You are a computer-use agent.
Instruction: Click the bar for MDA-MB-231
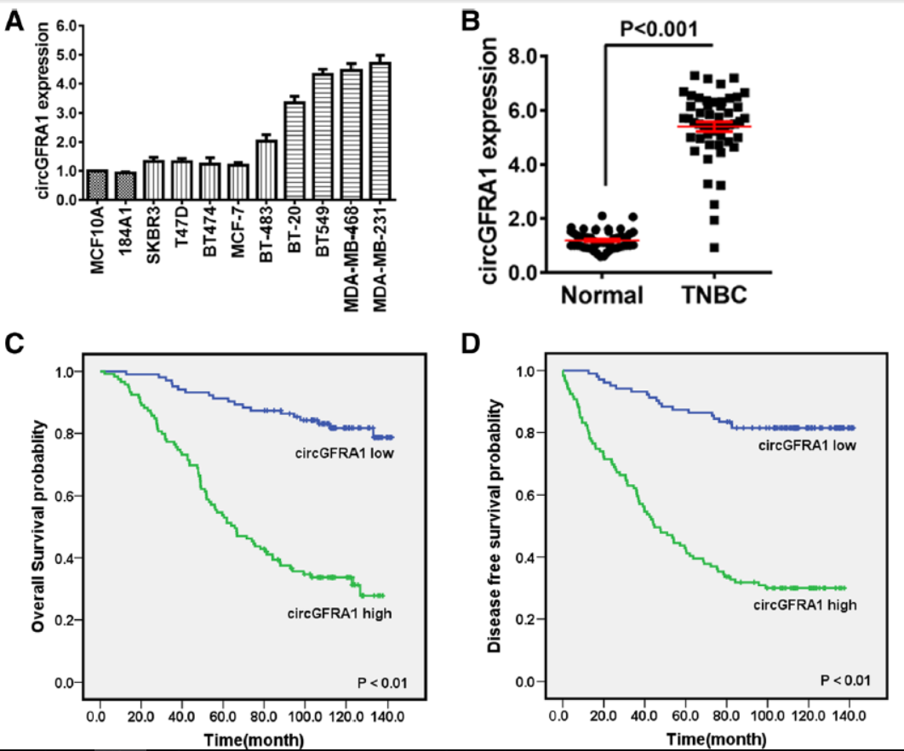point(380,130)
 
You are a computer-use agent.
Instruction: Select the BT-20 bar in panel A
point(293,151)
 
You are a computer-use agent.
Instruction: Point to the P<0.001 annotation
point(658,29)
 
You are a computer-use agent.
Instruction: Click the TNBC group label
point(714,297)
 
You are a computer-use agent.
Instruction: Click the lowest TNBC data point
point(714,247)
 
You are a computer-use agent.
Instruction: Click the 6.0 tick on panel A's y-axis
point(65,26)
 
